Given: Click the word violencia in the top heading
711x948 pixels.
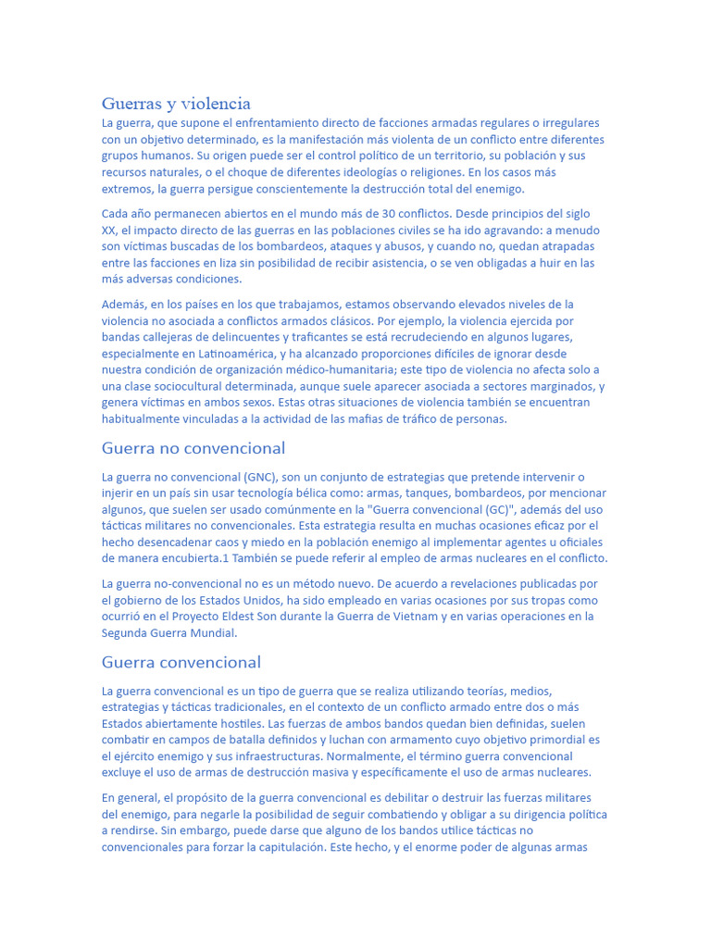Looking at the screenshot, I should coord(216,104).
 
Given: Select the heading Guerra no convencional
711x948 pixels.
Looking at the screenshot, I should coord(193,448).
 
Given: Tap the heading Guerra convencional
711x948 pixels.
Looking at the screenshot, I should coord(181,662).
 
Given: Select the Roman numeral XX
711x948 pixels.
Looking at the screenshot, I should coord(109,231).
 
